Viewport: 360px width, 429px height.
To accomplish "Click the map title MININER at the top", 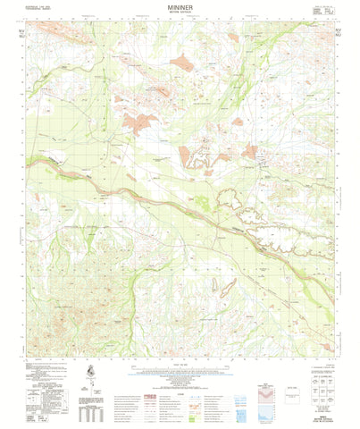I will [180, 7].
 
